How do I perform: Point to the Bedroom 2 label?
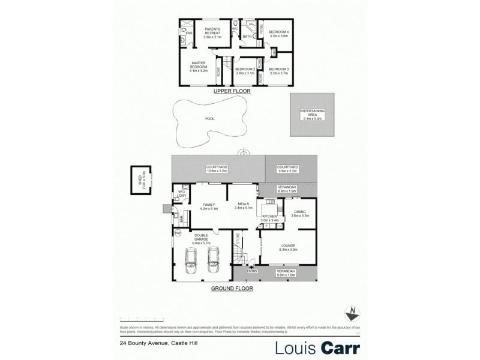click(x=245, y=71)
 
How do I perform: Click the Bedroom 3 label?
click(x=279, y=71)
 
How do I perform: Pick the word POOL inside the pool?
click(x=209, y=119)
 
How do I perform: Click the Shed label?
click(x=144, y=180)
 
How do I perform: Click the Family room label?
click(x=208, y=206)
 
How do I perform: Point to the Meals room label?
click(x=243, y=206)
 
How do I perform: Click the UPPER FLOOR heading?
click(x=231, y=92)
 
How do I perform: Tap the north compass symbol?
click(x=352, y=313)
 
